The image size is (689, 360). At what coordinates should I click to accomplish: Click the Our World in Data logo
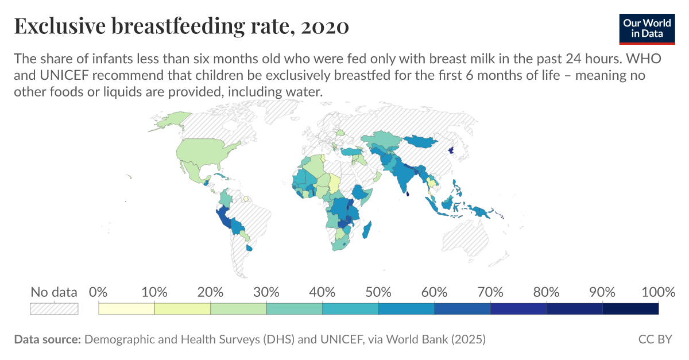coord(647,28)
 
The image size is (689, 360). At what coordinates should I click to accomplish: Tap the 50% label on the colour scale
coord(378,292)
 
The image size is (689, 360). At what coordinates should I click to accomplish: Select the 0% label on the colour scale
coord(99,292)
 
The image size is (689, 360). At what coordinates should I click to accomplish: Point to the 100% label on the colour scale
coord(658,292)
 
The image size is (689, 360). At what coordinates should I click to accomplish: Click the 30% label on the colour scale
coord(266,292)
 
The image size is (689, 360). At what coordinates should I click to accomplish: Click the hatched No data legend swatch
coord(54,309)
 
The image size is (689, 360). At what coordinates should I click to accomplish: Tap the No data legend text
coord(54,292)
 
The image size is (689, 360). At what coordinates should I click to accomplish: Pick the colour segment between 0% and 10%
coord(127,309)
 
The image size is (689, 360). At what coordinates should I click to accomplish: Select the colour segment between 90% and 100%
coord(630,309)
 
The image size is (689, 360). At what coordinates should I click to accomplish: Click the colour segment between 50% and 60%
coord(407,309)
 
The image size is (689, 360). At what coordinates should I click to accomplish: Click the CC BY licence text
coord(655,339)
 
